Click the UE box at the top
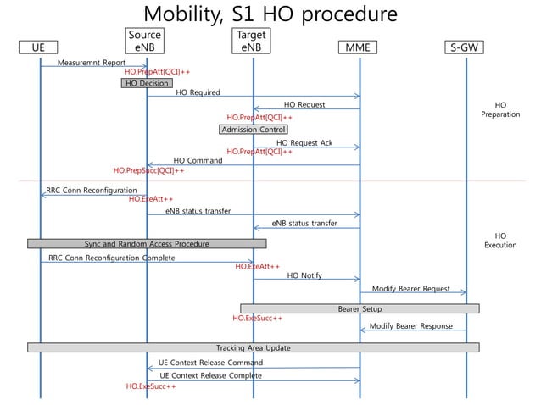[39, 47]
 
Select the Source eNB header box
[145, 42]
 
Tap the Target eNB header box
[252, 42]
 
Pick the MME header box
[358, 47]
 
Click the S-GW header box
[466, 47]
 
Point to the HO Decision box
[147, 83]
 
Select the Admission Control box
[253, 130]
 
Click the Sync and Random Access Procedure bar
[147, 244]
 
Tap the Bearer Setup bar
[360, 308]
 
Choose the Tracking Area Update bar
[253, 347]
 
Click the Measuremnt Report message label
[92, 63]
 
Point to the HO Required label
[198, 92]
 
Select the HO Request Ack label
[304, 143]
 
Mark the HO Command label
[198, 160]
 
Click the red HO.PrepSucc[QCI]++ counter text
[148, 170]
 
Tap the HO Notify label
[304, 275]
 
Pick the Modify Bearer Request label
[410, 289]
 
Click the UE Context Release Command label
[210, 363]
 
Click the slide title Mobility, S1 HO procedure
[270, 14]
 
